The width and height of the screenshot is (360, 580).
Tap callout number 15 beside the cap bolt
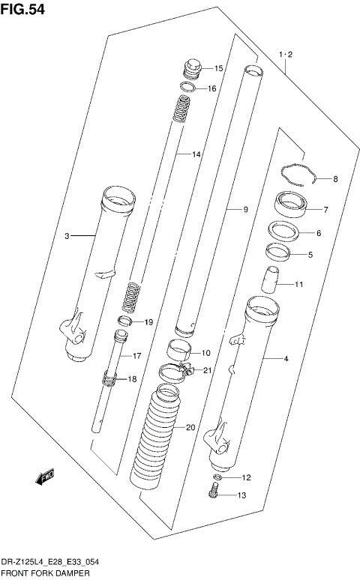[219, 68]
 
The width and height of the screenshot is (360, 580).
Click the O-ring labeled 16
[189, 88]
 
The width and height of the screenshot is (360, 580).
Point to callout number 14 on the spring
[196, 154]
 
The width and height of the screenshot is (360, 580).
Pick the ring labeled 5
[278, 253]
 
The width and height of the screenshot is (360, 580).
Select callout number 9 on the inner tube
[244, 210]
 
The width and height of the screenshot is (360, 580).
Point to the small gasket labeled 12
[217, 477]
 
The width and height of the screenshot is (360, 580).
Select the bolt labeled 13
[214, 493]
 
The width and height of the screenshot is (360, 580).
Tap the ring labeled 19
[126, 323]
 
